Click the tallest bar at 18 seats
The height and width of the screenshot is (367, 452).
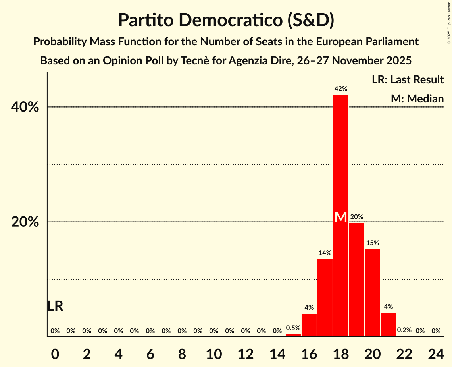click(341, 159)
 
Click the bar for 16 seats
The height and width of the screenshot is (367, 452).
click(309, 325)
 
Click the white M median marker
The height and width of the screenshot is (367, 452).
click(341, 217)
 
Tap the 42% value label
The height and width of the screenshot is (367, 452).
click(341, 89)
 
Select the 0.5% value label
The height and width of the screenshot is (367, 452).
click(293, 328)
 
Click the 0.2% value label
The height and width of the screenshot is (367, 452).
click(404, 330)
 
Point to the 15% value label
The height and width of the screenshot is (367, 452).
click(373, 243)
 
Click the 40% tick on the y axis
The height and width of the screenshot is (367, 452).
click(25, 107)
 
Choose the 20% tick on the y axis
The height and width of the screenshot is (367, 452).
click(25, 222)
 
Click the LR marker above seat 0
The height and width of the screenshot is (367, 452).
click(55, 306)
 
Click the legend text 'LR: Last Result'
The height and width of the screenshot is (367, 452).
click(408, 80)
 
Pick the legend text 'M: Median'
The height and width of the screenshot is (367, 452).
click(417, 99)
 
